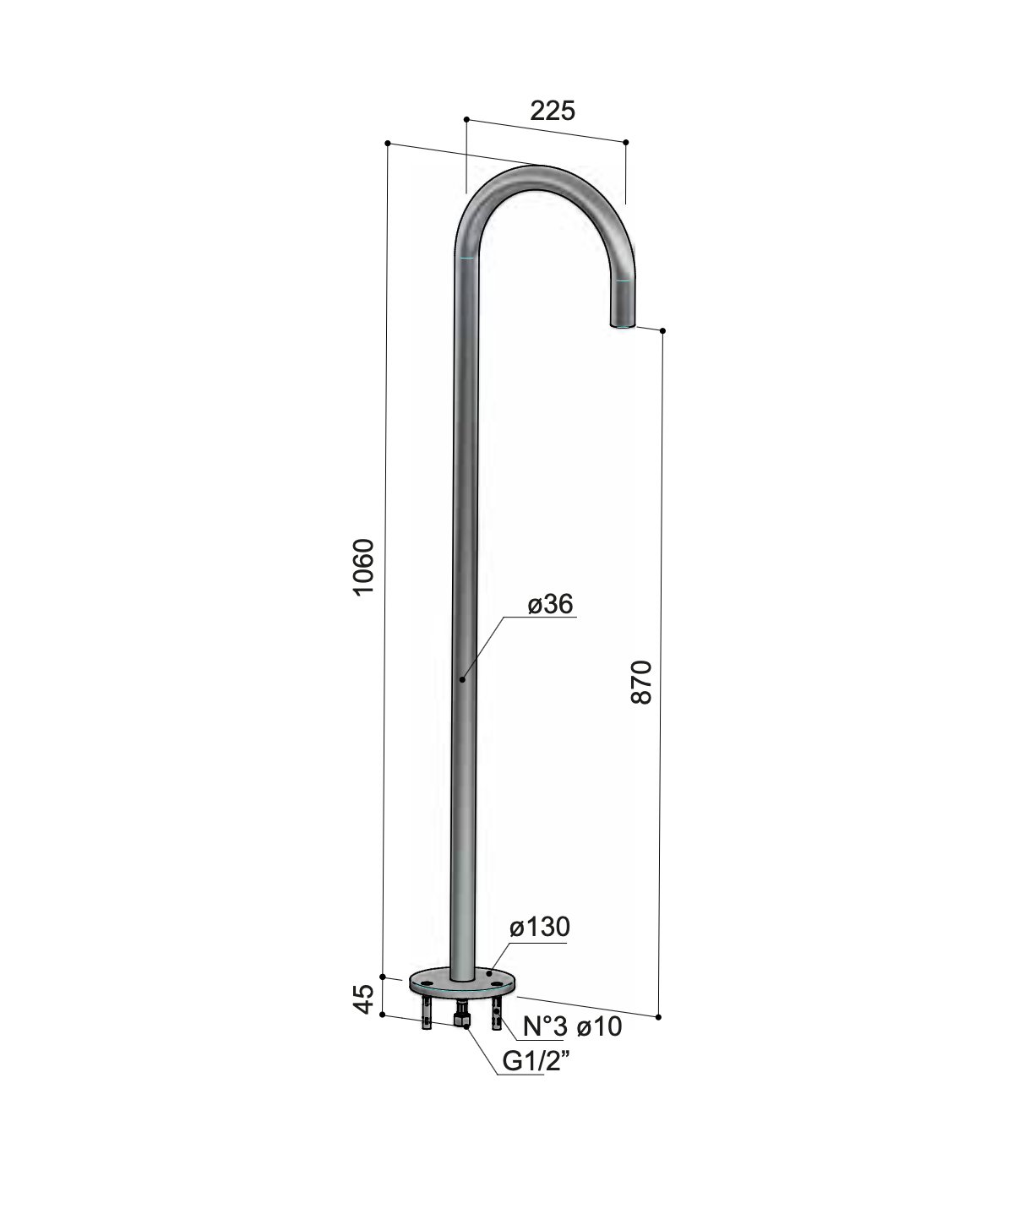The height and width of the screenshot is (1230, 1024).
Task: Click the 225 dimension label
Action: tap(552, 110)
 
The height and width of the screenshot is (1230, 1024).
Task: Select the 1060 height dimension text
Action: tap(363, 567)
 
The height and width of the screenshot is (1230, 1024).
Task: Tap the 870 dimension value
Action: tap(641, 682)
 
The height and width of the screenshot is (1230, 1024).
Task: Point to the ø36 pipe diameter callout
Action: tap(550, 604)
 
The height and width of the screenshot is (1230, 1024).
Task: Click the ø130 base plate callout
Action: tap(540, 927)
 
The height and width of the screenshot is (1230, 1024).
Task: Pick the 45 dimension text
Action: tap(363, 999)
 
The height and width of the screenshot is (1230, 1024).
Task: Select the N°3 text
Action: tap(545, 1026)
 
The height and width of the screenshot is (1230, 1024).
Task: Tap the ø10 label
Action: tap(599, 1026)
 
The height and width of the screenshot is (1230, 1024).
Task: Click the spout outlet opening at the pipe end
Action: tap(623, 324)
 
